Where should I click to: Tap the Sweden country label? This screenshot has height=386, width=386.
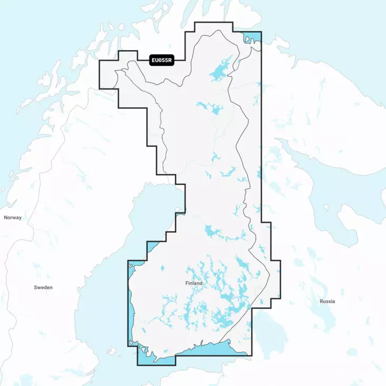(43, 287)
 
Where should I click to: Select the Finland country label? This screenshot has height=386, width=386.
(194, 283)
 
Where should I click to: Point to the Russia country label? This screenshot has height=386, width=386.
(327, 301)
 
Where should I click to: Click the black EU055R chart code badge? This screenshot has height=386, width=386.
(161, 60)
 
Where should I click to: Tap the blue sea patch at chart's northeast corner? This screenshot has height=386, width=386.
(252, 38)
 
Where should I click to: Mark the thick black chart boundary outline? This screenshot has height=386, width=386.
(261, 132)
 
